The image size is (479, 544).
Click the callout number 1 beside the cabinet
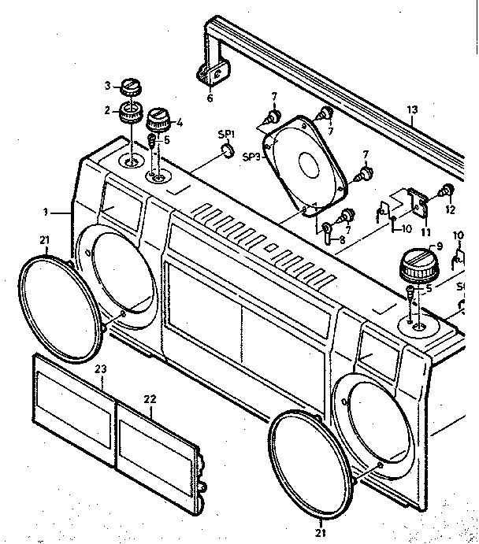tap(46, 212)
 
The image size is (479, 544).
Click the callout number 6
tap(210, 98)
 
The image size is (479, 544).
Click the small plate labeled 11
tap(418, 202)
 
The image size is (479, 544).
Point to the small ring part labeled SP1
tap(226, 150)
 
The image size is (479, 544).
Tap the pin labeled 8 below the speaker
tap(323, 234)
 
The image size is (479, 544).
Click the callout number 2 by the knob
tap(106, 111)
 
